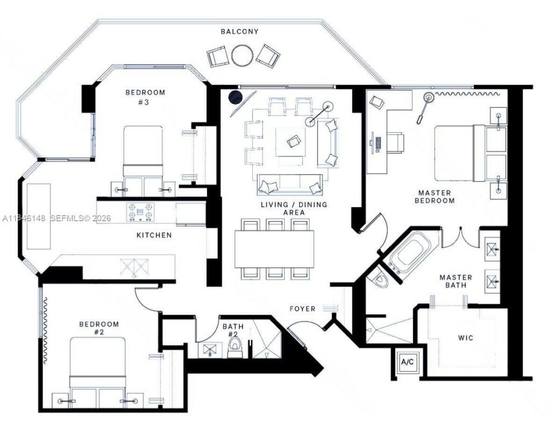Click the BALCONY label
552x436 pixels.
tap(239, 32)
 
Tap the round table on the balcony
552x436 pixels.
tap(242, 55)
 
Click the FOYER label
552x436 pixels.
tap(302, 309)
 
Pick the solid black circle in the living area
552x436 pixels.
tap(235, 97)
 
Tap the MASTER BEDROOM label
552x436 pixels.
tap(434, 196)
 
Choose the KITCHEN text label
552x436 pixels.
tap(154, 235)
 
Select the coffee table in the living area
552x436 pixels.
tap(291, 141)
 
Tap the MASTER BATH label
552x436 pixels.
tap(456, 281)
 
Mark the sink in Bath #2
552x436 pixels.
tap(209, 350)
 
